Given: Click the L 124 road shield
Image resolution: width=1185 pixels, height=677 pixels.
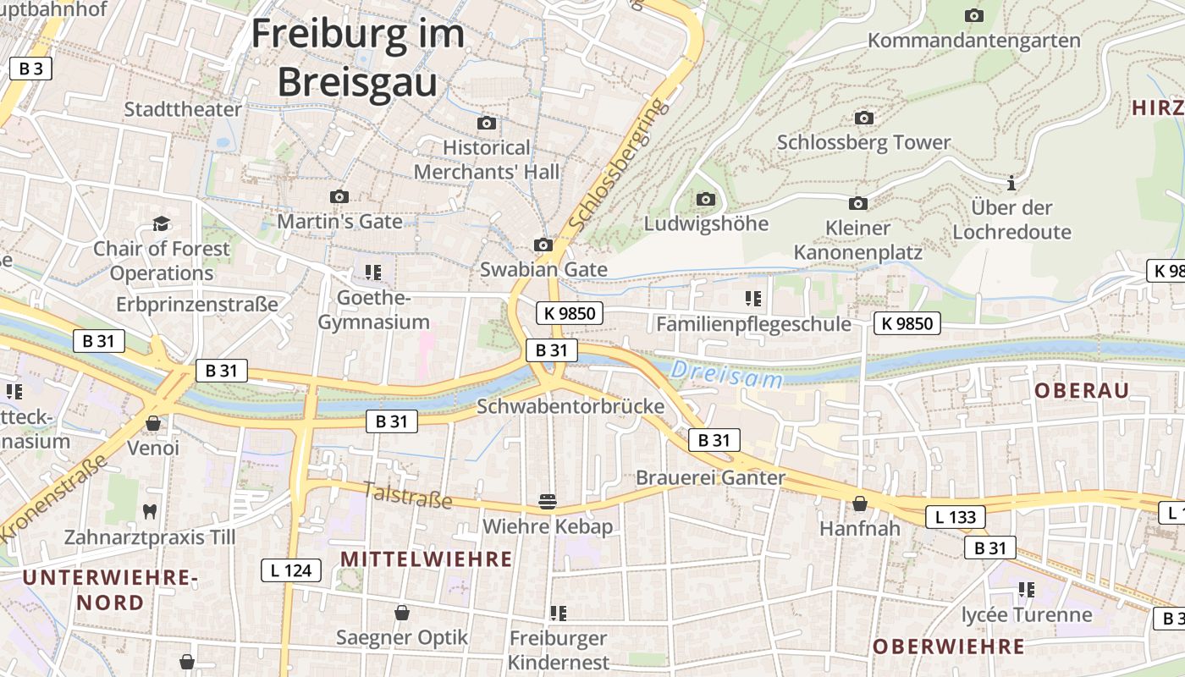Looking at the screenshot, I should tap(291, 570).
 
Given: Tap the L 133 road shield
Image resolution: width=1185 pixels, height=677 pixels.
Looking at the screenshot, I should tap(956, 517).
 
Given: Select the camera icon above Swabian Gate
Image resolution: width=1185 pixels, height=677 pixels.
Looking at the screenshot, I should tap(543, 245).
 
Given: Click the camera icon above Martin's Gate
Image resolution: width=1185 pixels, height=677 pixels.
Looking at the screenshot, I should tap(339, 197).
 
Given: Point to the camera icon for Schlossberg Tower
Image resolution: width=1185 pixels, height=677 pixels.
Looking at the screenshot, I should tap(864, 118).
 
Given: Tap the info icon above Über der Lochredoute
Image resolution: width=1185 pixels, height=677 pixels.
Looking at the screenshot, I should tap(1011, 183).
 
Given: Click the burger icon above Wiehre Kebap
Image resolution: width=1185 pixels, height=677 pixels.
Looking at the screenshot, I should tap(548, 502).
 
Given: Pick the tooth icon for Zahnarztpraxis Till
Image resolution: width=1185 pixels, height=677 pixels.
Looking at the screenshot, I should tap(151, 511).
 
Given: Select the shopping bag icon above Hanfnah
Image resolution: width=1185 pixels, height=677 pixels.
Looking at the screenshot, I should tap(860, 504).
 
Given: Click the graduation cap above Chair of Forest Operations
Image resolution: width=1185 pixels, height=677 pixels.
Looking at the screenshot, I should tap(161, 223).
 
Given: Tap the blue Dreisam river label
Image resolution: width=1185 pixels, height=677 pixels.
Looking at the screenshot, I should tap(727, 375).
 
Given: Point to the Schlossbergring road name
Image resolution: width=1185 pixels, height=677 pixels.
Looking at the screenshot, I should tap(616, 166).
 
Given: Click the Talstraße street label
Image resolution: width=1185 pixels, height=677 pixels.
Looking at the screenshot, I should tap(408, 495).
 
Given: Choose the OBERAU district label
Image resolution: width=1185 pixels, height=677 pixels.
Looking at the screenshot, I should tap(1082, 390).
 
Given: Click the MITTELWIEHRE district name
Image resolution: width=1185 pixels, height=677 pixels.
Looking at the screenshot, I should tap(426, 559).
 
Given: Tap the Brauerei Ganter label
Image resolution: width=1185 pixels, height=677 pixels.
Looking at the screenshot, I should tap(710, 477).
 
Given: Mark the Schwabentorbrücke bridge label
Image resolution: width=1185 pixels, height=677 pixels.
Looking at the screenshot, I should tap(570, 406).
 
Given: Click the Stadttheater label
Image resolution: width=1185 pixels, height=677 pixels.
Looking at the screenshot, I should tap(183, 109).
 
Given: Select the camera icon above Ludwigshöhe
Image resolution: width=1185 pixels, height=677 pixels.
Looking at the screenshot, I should tap(706, 200).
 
